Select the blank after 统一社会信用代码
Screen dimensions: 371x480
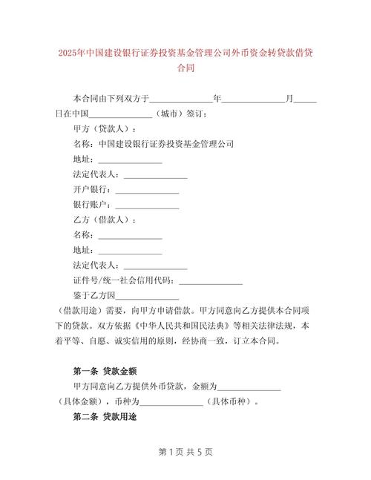[211, 282]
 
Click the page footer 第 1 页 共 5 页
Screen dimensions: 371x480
[185, 452]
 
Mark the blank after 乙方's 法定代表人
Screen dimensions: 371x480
[155, 266]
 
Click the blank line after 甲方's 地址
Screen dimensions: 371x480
[130, 160]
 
